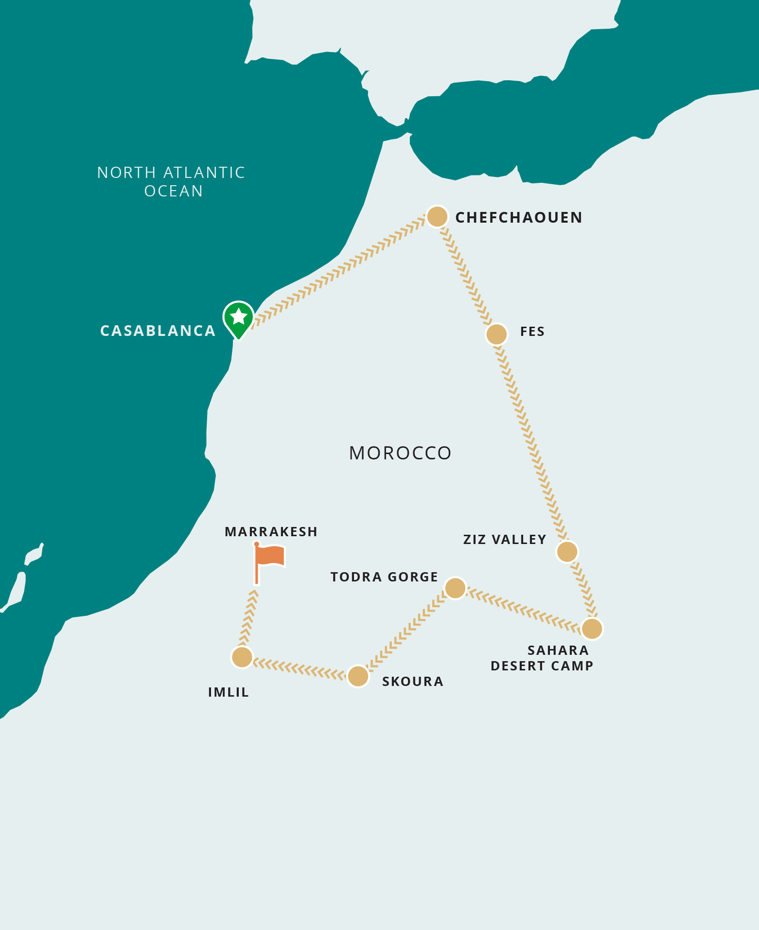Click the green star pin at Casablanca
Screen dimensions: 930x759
[238, 317]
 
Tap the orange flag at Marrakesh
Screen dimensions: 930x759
[270, 556]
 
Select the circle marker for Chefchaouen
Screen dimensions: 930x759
[437, 217]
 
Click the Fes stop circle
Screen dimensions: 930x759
[496, 334]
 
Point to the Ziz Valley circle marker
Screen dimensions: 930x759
[567, 552]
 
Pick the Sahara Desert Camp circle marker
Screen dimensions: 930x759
[592, 629]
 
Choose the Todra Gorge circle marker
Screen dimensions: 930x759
[455, 588]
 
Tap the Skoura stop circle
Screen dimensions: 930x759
[358, 676]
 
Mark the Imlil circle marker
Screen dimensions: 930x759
[242, 657]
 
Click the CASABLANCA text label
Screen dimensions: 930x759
[158, 331]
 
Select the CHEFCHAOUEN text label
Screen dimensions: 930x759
[518, 217]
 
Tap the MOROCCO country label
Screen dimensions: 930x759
[400, 453]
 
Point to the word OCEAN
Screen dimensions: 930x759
[174, 191]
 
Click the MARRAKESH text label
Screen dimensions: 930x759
[271, 532]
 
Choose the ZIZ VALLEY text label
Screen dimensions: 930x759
[505, 540]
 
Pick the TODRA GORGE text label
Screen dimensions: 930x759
[384, 577]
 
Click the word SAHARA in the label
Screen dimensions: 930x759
[558, 650]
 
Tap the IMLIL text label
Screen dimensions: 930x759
[229, 692]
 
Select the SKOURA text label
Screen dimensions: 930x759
[412, 682]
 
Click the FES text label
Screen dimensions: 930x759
[532, 332]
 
